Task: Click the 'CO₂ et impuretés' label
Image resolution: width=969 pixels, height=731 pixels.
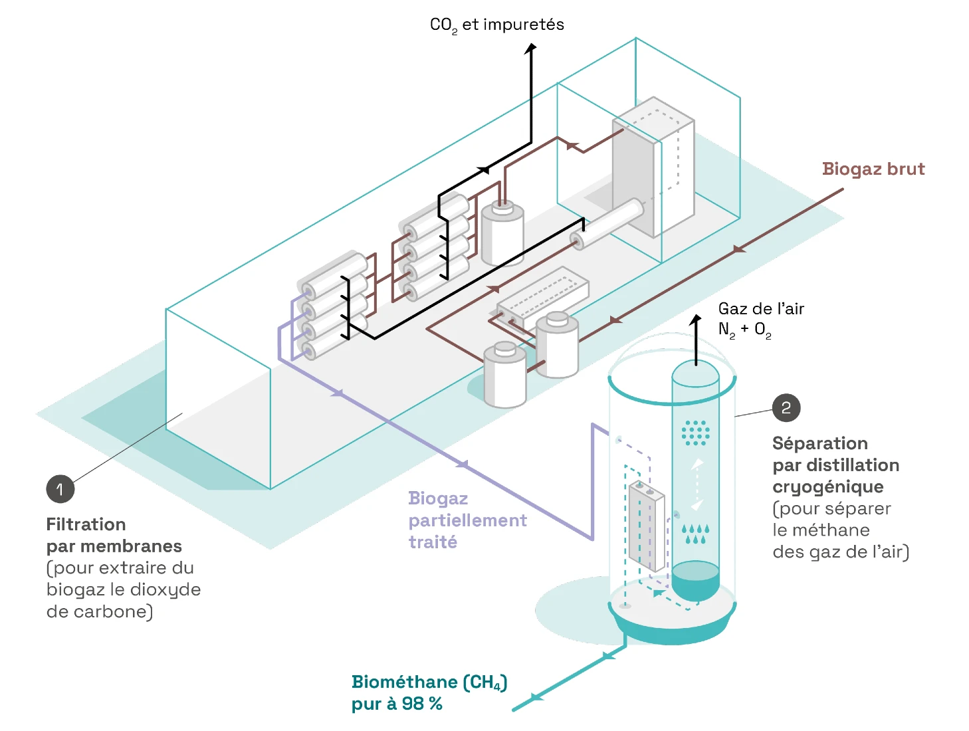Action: tap(496, 25)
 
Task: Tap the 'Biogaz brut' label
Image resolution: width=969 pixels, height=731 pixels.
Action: tap(873, 169)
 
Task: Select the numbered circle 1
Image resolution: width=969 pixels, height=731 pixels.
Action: tap(60, 488)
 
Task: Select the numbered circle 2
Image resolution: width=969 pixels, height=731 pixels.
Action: tap(786, 407)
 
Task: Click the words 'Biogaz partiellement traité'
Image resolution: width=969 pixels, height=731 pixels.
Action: tap(467, 520)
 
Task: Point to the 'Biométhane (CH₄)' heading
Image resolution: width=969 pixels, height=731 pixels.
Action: tap(429, 682)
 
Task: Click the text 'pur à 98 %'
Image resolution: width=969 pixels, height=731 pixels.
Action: tap(396, 704)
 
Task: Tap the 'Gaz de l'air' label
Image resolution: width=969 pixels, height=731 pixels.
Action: tap(760, 308)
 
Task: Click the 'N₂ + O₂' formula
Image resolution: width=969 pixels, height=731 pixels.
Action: tap(744, 330)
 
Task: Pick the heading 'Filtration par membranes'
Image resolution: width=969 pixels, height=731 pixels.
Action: tap(114, 535)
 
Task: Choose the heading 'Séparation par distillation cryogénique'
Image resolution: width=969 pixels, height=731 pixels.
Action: tap(835, 465)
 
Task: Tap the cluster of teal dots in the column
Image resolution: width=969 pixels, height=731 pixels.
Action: tap(695, 433)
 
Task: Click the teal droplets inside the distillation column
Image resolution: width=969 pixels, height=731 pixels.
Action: tap(695, 534)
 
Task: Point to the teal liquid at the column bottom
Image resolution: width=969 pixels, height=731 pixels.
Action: tap(695, 579)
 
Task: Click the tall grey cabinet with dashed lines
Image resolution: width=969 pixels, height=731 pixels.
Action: tap(653, 167)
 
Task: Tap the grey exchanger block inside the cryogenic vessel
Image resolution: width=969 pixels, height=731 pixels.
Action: tap(646, 526)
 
